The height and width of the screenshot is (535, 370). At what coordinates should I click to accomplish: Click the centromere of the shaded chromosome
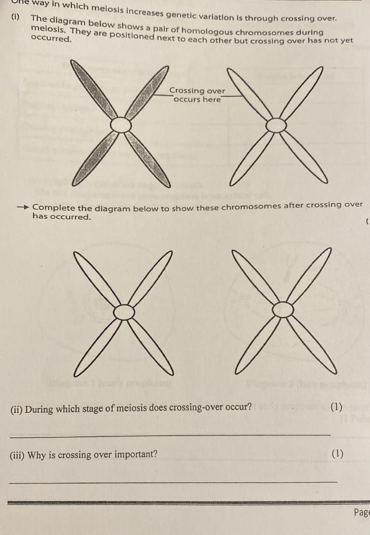coord(121,125)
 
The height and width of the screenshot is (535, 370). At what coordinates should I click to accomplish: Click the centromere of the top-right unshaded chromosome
coord(276,125)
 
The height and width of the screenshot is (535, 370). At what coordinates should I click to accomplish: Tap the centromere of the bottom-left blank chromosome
coord(124,312)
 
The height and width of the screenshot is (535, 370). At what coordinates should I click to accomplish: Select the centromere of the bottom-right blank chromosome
coord(283,310)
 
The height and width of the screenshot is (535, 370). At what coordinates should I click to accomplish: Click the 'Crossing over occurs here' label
coord(197,95)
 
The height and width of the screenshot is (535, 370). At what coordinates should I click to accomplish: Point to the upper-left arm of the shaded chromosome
coord(94,89)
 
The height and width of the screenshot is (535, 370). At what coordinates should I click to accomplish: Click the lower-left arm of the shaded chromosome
coord(94,159)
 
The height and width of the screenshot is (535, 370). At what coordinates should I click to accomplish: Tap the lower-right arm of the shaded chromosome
coord(149,159)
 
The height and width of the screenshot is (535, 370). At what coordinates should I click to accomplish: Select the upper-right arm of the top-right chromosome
coord(302,92)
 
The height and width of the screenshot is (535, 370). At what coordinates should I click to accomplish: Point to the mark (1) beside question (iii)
coord(338,453)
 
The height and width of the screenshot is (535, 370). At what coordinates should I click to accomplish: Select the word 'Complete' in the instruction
coord(54,208)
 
